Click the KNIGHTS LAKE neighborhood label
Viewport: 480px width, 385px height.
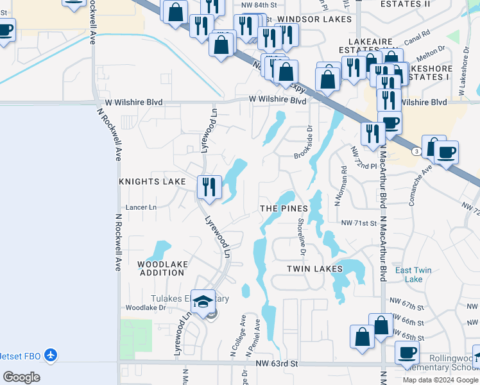[152, 182]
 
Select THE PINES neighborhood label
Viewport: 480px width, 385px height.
[284, 209]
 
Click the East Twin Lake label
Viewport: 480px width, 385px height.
[413, 275]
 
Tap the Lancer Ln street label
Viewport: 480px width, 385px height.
[141, 208]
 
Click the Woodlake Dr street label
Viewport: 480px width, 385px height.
[145, 308]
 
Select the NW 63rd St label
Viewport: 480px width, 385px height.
[276, 364]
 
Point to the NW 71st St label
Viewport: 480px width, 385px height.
[358, 223]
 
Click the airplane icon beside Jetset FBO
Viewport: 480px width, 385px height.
[51, 354]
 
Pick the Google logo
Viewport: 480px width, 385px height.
[21, 377]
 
